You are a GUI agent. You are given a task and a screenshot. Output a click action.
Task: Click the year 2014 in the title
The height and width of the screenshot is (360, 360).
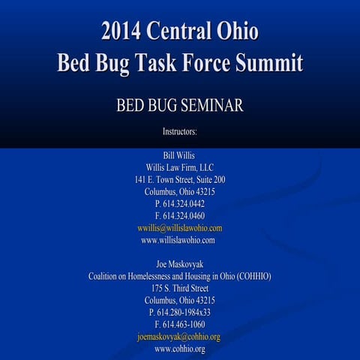point(122,33)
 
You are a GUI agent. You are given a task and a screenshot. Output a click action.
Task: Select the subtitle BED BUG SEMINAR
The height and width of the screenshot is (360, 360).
point(180,106)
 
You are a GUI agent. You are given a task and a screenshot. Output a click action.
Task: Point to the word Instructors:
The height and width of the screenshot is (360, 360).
point(180,131)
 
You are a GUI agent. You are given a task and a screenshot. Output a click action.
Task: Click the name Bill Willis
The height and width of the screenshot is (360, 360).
point(180,155)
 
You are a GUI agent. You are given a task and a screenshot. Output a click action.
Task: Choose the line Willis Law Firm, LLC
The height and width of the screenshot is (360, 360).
point(180,167)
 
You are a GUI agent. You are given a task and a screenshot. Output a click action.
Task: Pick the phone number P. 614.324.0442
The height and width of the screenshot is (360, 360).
point(180,204)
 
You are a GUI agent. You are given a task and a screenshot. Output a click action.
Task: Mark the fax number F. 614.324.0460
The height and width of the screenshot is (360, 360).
point(180,216)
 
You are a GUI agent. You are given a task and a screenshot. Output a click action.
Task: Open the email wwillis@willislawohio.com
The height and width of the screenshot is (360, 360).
point(180,228)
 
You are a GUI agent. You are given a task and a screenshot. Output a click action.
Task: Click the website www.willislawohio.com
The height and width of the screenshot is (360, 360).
point(180,240)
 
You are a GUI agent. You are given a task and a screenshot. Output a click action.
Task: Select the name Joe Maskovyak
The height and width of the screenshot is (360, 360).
point(180,264)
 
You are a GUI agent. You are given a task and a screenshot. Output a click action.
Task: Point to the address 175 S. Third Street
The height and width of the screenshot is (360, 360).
point(180,288)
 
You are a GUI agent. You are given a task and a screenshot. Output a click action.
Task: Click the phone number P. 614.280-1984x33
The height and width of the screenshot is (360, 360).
point(180,312)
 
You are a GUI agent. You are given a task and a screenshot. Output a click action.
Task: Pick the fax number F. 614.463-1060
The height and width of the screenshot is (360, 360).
point(180,325)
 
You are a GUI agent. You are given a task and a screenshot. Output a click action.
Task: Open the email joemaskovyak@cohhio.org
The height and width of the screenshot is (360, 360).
point(180,337)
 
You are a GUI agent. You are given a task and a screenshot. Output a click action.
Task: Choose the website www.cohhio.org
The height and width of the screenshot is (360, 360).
point(180,349)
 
